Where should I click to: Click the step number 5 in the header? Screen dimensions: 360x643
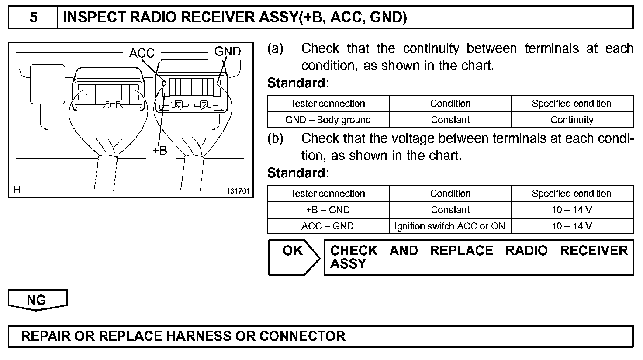[33, 18]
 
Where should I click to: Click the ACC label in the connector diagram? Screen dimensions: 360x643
[142, 53]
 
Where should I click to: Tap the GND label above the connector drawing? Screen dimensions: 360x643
[227, 52]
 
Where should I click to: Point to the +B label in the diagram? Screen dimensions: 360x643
[159, 150]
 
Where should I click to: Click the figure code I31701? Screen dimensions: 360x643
[238, 191]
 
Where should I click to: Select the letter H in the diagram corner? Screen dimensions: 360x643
[17, 190]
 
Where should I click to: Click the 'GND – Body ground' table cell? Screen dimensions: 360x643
[328, 120]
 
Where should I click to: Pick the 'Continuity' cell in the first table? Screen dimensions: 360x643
[572, 120]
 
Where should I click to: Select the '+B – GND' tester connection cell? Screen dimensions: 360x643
[328, 210]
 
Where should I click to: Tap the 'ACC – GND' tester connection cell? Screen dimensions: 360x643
[328, 226]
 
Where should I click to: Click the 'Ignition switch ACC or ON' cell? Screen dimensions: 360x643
[450, 226]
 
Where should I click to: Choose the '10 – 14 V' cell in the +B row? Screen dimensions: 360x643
[572, 210]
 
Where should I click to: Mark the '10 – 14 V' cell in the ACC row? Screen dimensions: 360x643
[572, 226]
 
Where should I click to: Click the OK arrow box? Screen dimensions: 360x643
[293, 257]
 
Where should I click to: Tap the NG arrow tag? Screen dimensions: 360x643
[37, 300]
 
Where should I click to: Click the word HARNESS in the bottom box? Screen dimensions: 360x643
[199, 336]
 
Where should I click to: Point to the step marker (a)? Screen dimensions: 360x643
[275, 48]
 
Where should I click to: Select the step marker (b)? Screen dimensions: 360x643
[275, 138]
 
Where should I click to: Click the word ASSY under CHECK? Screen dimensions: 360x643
[348, 264]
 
